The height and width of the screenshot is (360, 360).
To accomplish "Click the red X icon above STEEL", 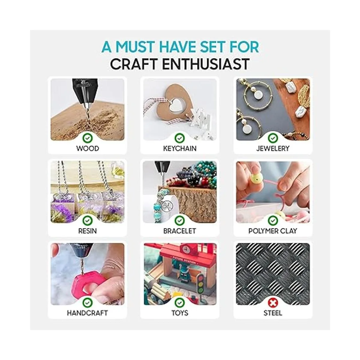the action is pos(273,303).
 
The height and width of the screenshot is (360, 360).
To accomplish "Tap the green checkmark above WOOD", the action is pos(87,138).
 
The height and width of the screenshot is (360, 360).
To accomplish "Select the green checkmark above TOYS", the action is pos(180,303).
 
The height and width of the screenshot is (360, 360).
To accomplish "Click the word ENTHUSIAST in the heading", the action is pos(206,64).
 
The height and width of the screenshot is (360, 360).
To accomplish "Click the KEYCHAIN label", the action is pos(180,148).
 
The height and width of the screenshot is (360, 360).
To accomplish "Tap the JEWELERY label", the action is pos(273,148).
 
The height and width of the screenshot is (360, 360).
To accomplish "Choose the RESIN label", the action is pos(87,231).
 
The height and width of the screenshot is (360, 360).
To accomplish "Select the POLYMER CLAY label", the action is pos(273,231).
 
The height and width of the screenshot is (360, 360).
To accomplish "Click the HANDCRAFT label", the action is pos(87,313).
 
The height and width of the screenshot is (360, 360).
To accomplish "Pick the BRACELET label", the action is pos(180,231).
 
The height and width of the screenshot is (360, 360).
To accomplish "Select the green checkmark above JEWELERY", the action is pos(273,138).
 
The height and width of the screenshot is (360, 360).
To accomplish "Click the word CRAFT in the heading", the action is pos(134,64).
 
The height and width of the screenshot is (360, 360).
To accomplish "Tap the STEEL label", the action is pos(273,313).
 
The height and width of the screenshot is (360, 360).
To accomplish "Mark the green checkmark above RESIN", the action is pos(87,220).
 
